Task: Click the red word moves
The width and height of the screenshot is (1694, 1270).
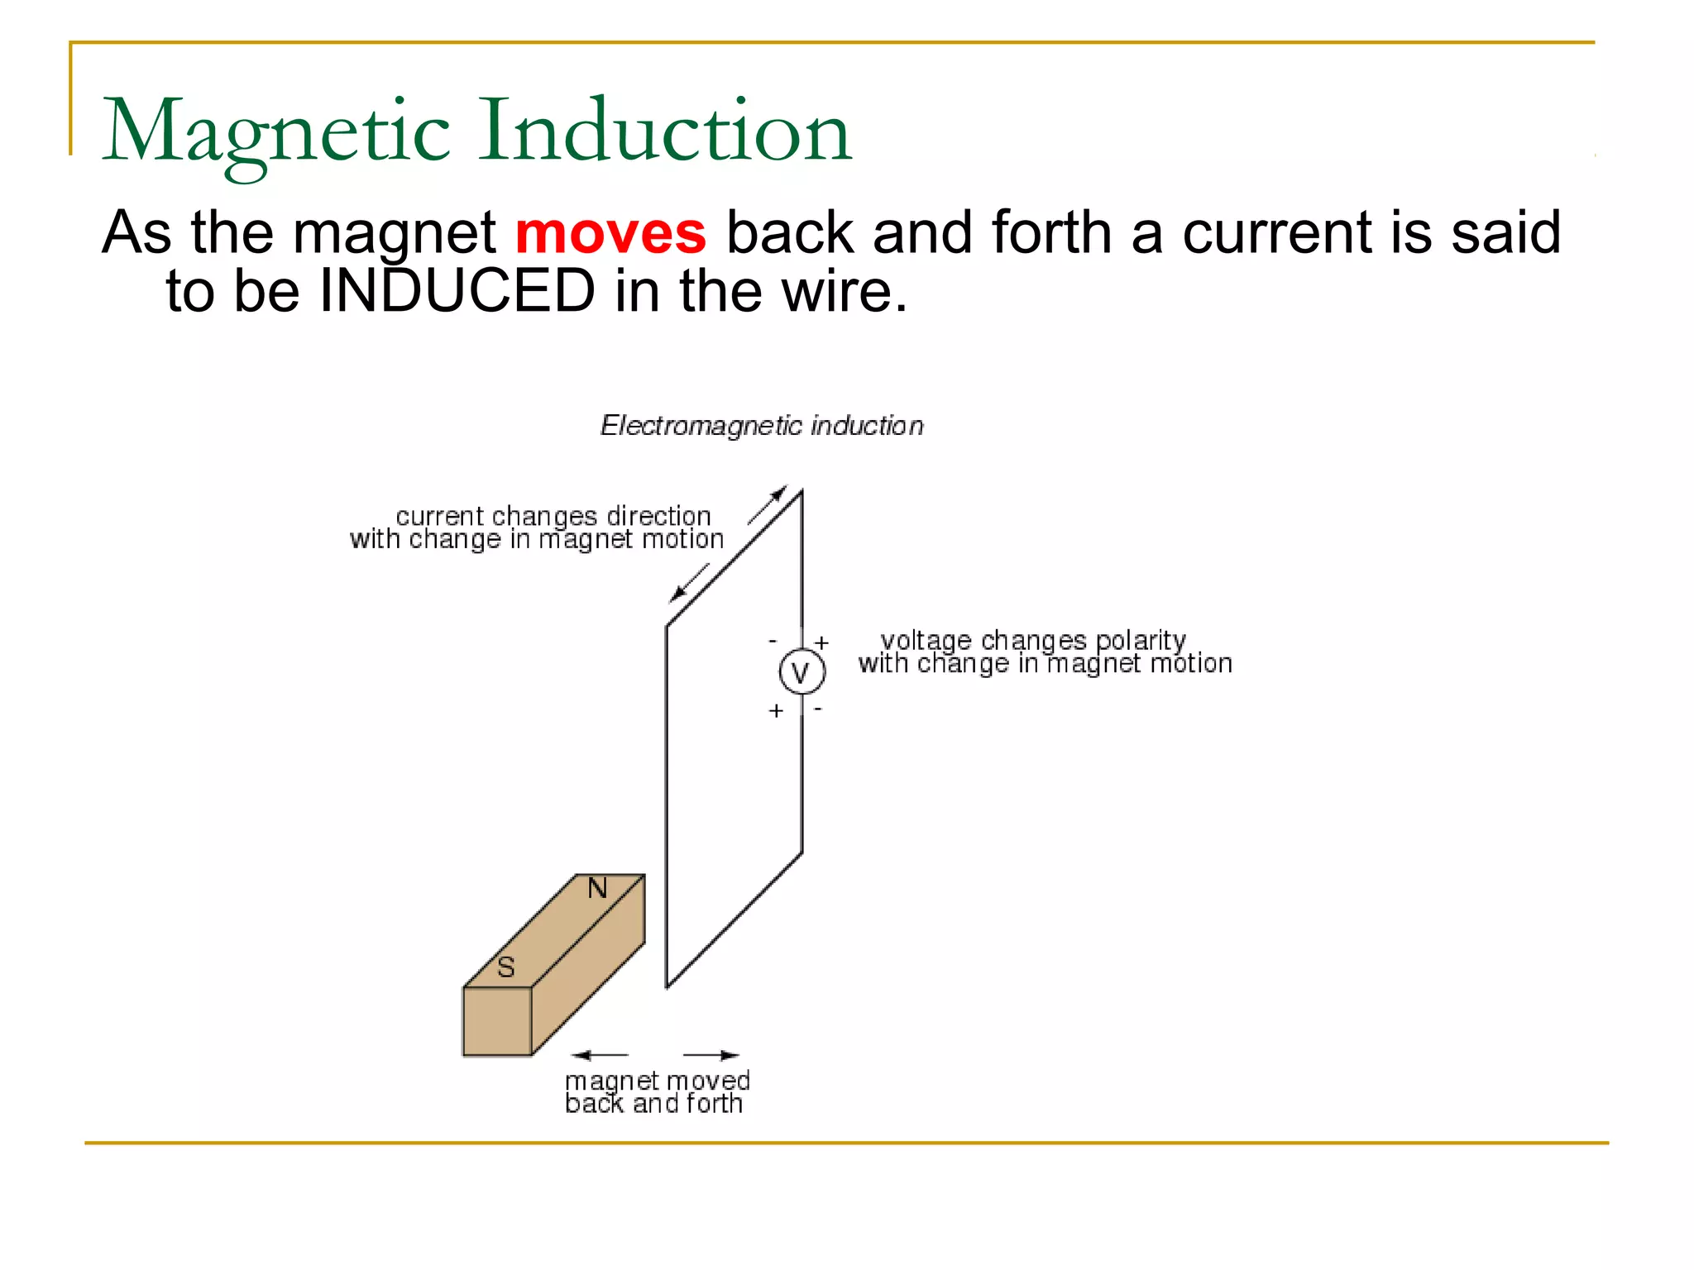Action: click(610, 233)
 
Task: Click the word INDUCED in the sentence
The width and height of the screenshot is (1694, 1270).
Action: click(457, 291)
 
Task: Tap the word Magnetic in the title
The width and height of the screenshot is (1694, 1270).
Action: click(275, 132)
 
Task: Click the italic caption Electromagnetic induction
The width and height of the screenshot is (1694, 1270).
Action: click(762, 426)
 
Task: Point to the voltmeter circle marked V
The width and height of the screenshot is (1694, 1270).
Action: click(802, 672)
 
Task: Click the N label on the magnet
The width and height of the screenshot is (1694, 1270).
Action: click(597, 889)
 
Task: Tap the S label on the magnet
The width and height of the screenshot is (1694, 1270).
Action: click(506, 967)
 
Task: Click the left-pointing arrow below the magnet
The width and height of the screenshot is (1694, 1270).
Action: click(600, 1055)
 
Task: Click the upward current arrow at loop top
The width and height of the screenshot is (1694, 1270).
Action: click(768, 504)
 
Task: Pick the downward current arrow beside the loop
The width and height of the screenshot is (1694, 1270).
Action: click(689, 582)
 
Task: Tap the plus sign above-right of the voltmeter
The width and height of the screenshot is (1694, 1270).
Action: click(821, 642)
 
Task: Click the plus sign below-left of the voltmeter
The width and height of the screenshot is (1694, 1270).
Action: click(776, 710)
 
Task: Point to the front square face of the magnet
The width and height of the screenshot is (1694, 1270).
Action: click(497, 1022)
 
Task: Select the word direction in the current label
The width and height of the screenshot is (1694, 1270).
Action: click(658, 517)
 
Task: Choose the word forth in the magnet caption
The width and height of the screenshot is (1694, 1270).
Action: click(715, 1104)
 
